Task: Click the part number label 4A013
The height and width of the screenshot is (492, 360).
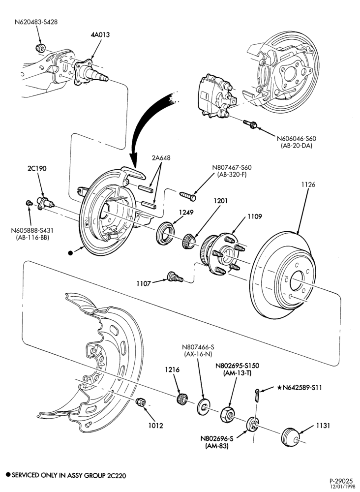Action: [x=100, y=34]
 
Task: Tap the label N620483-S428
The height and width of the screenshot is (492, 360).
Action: [x=36, y=22]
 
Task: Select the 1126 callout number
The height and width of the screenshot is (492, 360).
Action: [x=308, y=184]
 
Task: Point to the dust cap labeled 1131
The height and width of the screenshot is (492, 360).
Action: [x=290, y=436]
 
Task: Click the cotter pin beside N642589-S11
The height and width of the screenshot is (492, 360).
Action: [x=256, y=396]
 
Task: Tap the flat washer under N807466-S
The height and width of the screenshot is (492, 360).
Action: [x=204, y=407]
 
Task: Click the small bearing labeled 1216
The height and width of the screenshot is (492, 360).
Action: [x=181, y=398]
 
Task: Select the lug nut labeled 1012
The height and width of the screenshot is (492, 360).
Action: [x=141, y=402]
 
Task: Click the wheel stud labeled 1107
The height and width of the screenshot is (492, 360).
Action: [x=175, y=277]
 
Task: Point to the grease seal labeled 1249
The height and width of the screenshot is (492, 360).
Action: [x=165, y=233]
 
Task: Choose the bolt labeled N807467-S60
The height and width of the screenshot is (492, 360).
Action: [x=187, y=196]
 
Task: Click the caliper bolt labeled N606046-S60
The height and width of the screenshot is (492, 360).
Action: [x=250, y=124]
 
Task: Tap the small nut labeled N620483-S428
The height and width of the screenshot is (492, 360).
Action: [x=40, y=48]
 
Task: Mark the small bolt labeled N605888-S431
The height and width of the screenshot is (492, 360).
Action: [x=29, y=203]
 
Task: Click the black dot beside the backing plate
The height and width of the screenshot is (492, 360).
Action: [x=71, y=252]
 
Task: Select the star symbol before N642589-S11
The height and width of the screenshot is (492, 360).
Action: [x=279, y=388]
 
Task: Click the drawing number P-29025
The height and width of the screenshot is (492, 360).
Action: [x=341, y=481]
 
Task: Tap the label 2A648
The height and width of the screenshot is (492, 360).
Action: [x=161, y=157]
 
